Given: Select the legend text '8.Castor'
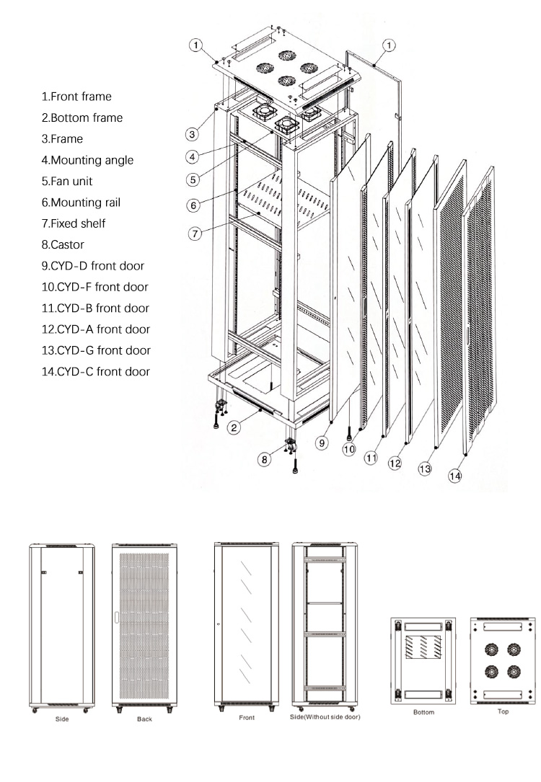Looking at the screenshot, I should (x=63, y=244).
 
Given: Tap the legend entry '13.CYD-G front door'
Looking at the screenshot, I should (x=96, y=350).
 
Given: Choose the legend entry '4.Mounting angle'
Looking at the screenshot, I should (x=87, y=160).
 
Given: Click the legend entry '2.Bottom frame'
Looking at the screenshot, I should (x=82, y=117).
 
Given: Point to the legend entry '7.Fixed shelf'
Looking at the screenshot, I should (x=74, y=223).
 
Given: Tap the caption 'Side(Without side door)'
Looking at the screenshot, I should (x=325, y=717).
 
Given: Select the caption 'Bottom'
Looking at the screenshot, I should (x=423, y=712).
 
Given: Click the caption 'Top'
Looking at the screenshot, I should (x=503, y=711).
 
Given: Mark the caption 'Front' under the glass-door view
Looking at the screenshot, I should (x=246, y=718).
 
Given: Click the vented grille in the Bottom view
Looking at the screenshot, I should (x=423, y=647).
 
